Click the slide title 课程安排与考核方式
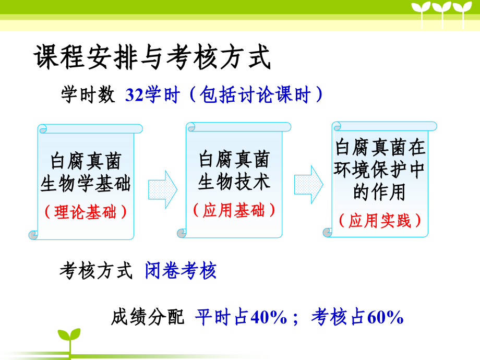(x=152, y=57)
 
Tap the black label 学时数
(x=88, y=95)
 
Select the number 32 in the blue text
(x=135, y=96)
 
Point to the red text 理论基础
(x=86, y=212)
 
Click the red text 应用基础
(x=234, y=210)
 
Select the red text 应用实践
(x=380, y=220)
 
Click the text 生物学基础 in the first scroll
(x=86, y=184)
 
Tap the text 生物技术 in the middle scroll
(x=234, y=182)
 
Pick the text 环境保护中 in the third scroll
(x=380, y=170)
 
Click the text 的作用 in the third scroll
(x=379, y=192)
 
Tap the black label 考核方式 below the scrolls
(x=96, y=271)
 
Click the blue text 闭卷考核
(x=181, y=271)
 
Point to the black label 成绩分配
(x=148, y=317)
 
